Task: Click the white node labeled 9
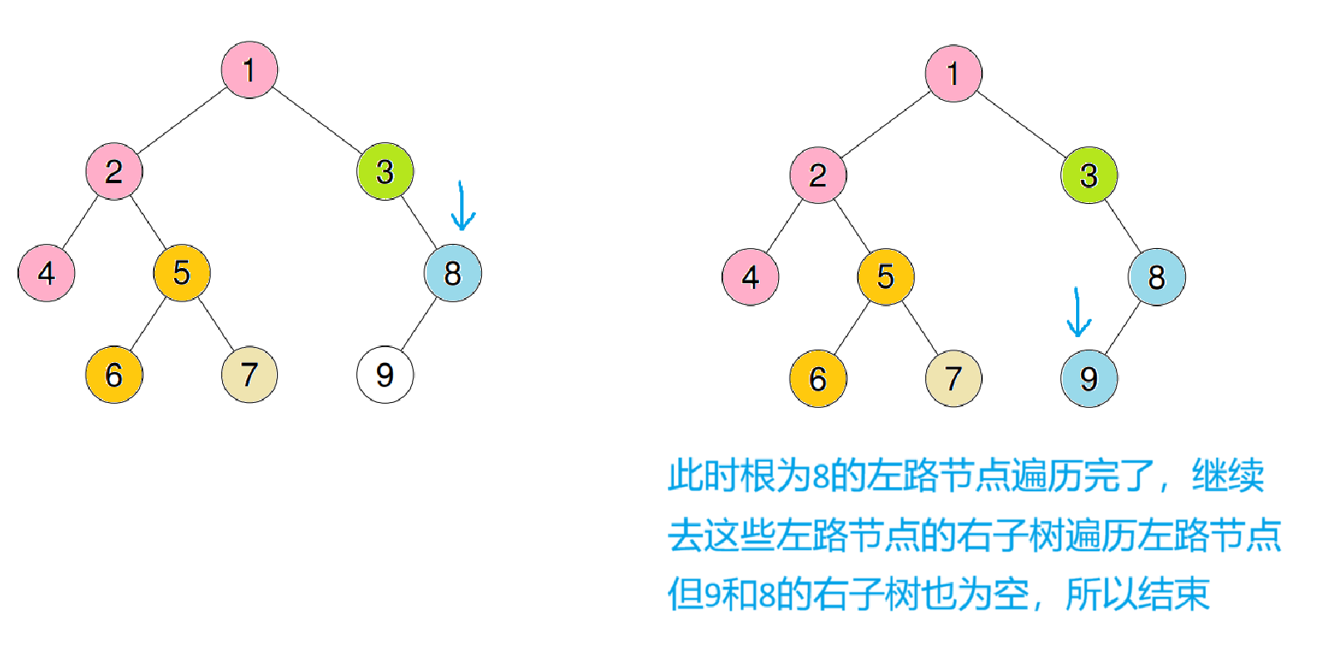click(x=384, y=375)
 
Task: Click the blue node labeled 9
click(x=1088, y=379)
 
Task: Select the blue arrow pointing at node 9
click(x=1079, y=313)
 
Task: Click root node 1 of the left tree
click(x=249, y=70)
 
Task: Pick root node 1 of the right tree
click(x=953, y=73)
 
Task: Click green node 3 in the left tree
click(x=384, y=171)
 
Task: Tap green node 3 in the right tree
click(x=1088, y=175)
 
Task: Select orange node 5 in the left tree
click(x=181, y=273)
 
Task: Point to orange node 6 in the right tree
click(x=817, y=379)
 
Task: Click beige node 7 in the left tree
click(x=249, y=375)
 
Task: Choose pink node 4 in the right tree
click(x=750, y=276)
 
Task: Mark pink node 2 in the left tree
click(x=114, y=171)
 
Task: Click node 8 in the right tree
click(x=1156, y=276)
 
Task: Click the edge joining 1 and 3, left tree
click(x=317, y=121)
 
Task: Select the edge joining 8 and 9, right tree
click(x=1123, y=327)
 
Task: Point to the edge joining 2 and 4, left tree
click(x=80, y=222)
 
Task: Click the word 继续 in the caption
click(x=1227, y=476)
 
